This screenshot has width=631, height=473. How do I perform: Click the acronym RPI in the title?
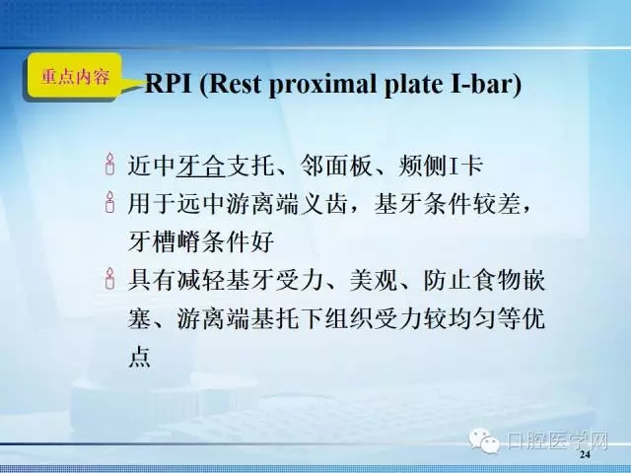click(x=172, y=86)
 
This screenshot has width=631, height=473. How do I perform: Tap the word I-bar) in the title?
click(x=484, y=86)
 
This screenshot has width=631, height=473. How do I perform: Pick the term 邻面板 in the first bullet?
click(x=343, y=165)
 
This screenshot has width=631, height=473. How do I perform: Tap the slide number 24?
click(x=585, y=455)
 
